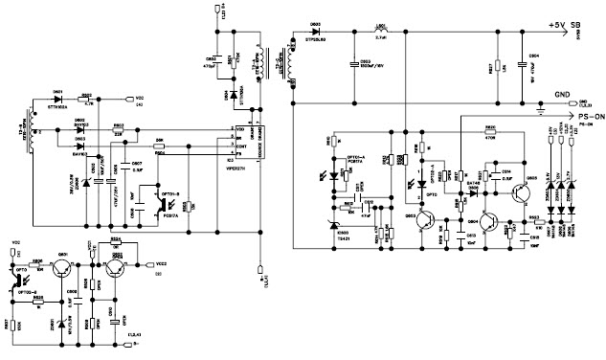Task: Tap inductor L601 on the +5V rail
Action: click(380, 35)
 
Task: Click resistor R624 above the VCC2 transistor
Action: click(116, 243)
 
